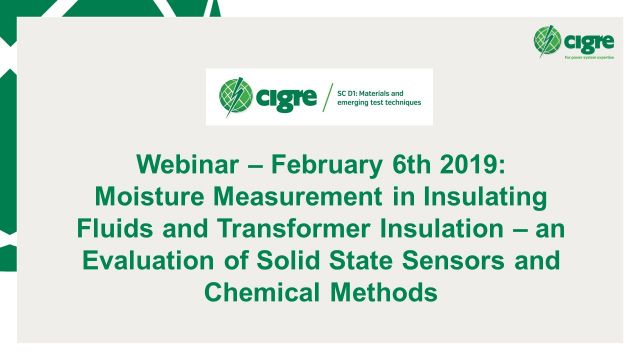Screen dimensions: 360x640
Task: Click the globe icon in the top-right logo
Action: pos(547,41)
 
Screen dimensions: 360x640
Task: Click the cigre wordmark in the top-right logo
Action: pos(585,41)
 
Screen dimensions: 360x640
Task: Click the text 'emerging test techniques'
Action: pos(378,103)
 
